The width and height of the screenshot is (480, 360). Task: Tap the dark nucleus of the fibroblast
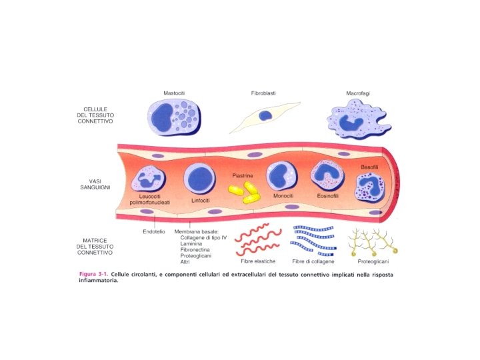coord(265,115)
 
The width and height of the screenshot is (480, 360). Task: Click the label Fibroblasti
coord(264,93)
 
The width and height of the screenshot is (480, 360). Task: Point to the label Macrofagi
coord(359,93)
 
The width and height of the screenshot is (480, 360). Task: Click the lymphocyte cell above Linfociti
coord(199,179)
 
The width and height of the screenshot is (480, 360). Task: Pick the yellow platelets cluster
coord(244,193)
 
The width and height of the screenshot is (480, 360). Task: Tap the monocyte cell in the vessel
coord(281,176)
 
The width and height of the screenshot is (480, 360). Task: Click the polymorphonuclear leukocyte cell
coord(151,180)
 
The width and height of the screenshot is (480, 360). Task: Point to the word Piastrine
coord(243,176)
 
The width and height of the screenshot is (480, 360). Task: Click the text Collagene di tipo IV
coord(203,237)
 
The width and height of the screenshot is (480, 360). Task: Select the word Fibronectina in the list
coord(197,249)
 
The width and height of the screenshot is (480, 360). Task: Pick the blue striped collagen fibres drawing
coord(314,239)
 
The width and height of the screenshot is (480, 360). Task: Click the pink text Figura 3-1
coord(93,275)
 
